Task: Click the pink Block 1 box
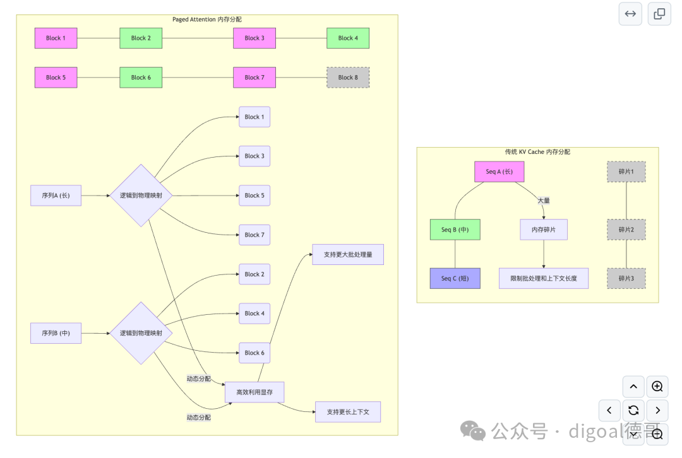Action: coord(56,38)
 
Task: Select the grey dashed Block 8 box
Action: coord(348,78)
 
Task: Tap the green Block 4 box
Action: coord(348,38)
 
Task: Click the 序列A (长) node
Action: coord(56,196)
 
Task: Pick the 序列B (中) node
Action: coord(56,333)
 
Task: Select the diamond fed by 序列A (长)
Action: coord(141,196)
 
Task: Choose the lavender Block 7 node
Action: coord(254,235)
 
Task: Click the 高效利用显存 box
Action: coord(254,392)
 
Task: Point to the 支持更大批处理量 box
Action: coord(348,255)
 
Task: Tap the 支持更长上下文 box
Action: coord(348,412)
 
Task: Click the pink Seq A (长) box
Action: coord(500,172)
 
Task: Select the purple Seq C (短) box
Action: coord(455,279)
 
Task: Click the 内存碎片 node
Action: coord(544,230)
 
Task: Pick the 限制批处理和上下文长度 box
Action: coord(544,279)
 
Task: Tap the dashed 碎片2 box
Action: coord(626,230)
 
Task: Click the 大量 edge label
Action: coord(544,201)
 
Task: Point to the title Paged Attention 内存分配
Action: coord(207,20)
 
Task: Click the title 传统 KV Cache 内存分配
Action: coord(537,151)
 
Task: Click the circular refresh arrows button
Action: coord(634,410)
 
